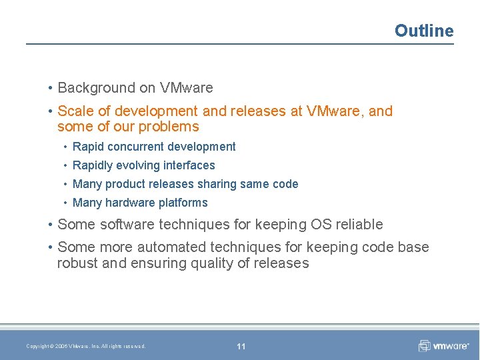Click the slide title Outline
tap(423, 31)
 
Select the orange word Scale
tap(75, 111)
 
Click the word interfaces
tap(191, 165)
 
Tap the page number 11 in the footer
tap(241, 346)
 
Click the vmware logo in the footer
tap(444, 345)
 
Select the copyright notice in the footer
tap(85, 346)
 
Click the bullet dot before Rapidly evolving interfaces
tap(65, 165)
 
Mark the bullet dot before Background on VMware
tap(51, 88)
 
